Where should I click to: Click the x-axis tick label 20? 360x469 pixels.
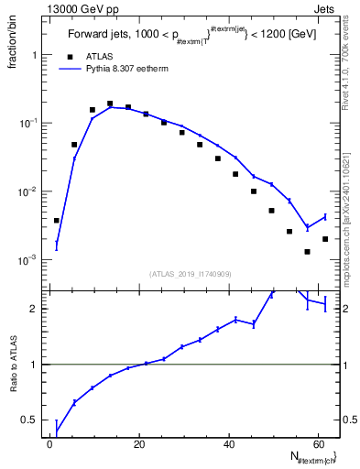pos(139,444)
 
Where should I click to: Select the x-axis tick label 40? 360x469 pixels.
pos(228,444)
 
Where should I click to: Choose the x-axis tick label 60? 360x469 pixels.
pos(317,444)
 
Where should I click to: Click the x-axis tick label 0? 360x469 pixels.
pos(50,444)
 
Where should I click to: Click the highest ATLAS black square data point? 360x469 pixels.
pos(110,104)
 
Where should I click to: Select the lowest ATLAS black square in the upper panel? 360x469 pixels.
pos(308,252)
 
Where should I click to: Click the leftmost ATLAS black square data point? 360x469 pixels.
pos(57,221)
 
